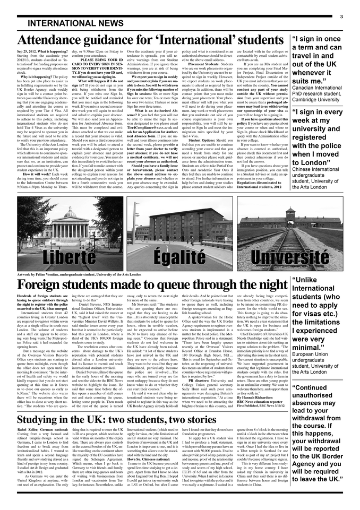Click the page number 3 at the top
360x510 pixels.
tap(341, 16)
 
